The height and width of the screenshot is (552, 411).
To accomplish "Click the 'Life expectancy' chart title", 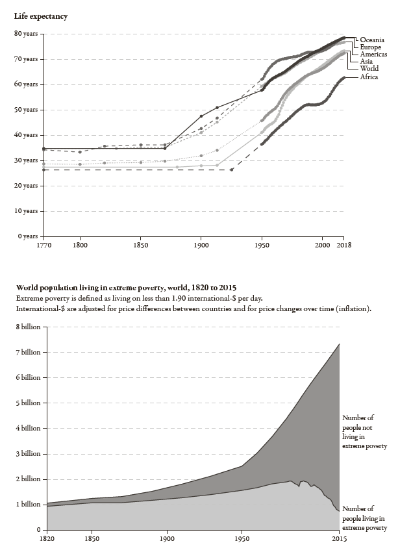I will coord(41,16).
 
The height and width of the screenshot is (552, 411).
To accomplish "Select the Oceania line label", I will coord(373,40).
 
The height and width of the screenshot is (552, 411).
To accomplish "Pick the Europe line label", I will coord(371,47).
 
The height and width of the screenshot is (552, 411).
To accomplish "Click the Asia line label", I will coord(367,62).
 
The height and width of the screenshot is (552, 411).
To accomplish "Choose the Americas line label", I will coord(374,55).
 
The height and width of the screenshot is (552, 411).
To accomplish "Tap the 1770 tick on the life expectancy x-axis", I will coord(44,246).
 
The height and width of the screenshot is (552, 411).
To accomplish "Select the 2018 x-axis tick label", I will coord(343,246).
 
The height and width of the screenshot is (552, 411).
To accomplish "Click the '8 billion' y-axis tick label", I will coord(27,327).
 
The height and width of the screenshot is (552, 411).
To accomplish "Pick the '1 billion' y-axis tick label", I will coord(27,505).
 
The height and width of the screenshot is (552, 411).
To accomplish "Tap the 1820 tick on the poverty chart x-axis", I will coord(47,539).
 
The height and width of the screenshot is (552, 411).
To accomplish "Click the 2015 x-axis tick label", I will coord(339,539).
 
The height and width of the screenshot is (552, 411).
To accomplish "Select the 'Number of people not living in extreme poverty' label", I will coord(364,432).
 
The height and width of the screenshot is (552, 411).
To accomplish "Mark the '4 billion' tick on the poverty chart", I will coord(27,429).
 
